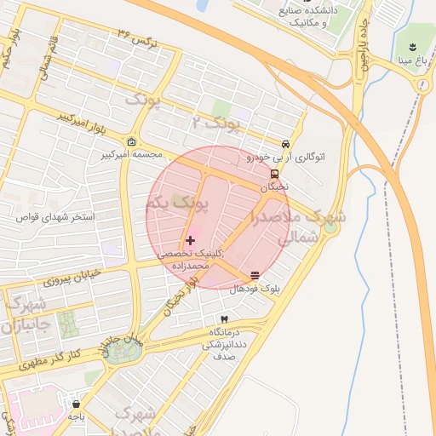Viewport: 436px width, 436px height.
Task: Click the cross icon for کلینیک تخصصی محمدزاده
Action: pyautogui.click(x=189, y=241)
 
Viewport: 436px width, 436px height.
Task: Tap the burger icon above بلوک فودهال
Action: pyautogui.click(x=255, y=275)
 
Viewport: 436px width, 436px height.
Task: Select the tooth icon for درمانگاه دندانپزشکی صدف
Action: pyautogui.click(x=224, y=318)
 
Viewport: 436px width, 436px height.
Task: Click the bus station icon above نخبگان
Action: pyautogui.click(x=285, y=174)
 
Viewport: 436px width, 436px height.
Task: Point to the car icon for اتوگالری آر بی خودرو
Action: pyautogui.click(x=285, y=144)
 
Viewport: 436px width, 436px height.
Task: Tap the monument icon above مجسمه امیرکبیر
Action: pyautogui.click(x=131, y=141)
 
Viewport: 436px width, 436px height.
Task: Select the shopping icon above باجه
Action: pyautogui.click(x=77, y=404)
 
